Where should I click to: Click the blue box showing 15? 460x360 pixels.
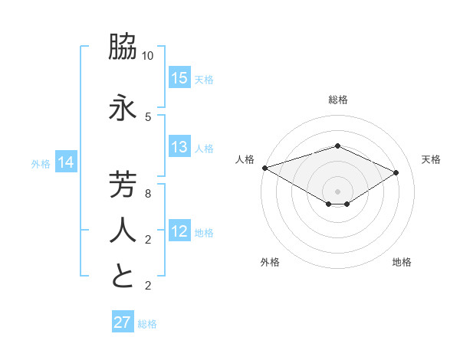[x=179, y=78]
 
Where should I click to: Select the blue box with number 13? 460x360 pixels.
[x=179, y=148]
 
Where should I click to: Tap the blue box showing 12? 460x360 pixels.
[x=179, y=232]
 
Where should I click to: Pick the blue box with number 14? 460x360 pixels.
[x=66, y=162]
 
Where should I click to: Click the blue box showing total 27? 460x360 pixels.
[x=123, y=322]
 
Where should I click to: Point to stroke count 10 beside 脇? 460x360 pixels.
[x=148, y=56]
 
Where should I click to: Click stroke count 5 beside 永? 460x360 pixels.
[x=148, y=117]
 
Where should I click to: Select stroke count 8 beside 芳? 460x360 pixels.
[x=148, y=194]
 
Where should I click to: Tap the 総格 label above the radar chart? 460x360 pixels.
[x=337, y=100]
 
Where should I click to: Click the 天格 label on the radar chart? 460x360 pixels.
[x=431, y=159]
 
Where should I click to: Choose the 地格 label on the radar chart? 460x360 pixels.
[x=402, y=262]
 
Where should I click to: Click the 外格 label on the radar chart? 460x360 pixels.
[x=270, y=262]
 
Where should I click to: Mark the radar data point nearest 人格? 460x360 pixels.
[x=264, y=168]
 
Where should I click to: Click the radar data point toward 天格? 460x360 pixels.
[x=396, y=172]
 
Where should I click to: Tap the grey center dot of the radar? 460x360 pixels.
[x=337, y=191]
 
